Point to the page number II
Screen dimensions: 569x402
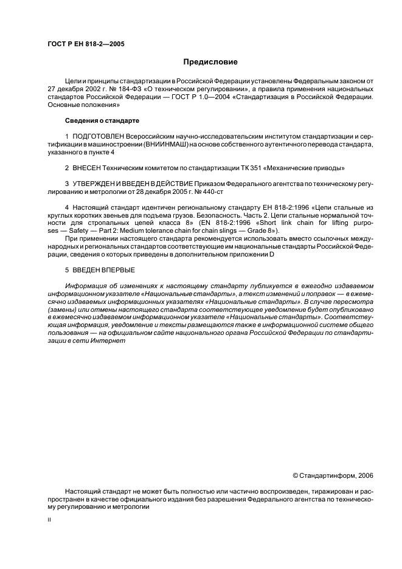tap(50, 520)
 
